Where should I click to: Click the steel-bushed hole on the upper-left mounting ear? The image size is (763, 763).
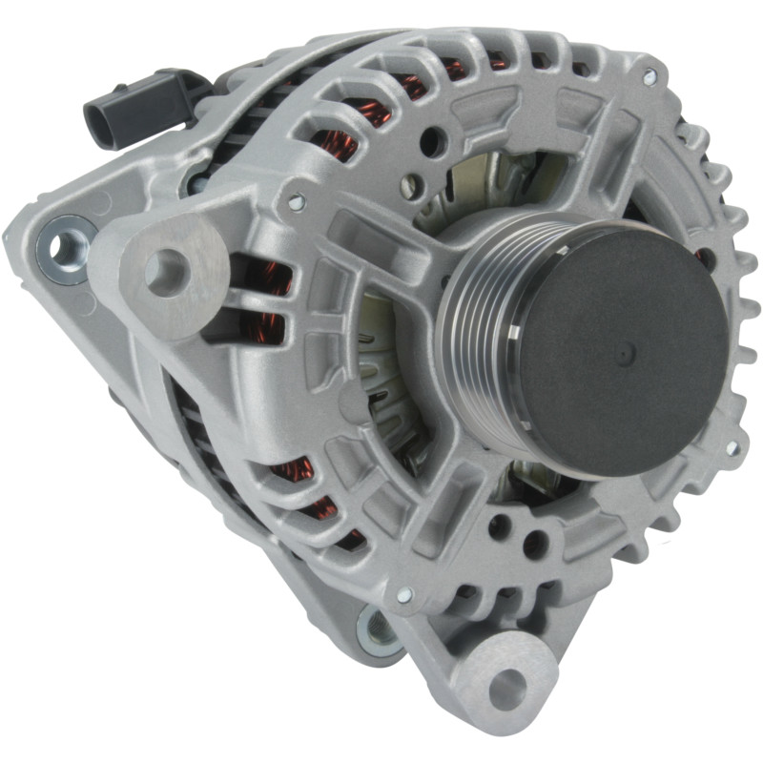[x=65, y=246]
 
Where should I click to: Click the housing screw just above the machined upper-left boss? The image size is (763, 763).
[x=297, y=201]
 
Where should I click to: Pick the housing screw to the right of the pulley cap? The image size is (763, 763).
[x=732, y=447]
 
